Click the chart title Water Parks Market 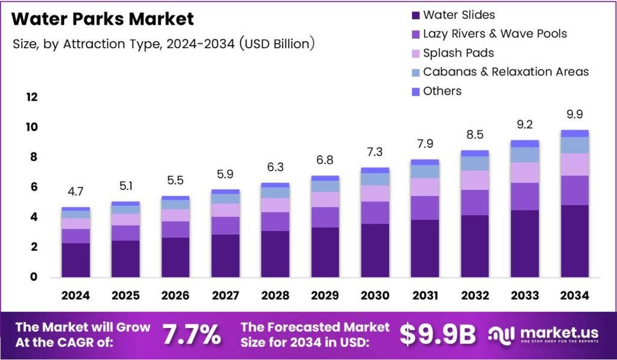pyautogui.click(x=102, y=19)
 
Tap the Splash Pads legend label pyautogui.click(x=459, y=52)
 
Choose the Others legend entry pyautogui.click(x=442, y=91)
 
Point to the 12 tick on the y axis pyautogui.click(x=31, y=97)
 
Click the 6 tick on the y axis pyautogui.click(x=34, y=187)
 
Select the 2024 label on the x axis pyautogui.click(x=75, y=295)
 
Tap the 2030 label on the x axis pyautogui.click(x=375, y=295)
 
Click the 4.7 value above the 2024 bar pyautogui.click(x=75, y=192)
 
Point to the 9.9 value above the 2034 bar pyautogui.click(x=574, y=115)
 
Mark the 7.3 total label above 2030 pyautogui.click(x=375, y=152)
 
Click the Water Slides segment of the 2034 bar pyautogui.click(x=574, y=241)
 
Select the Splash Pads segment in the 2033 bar pyautogui.click(x=524, y=172)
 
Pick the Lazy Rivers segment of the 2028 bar pyautogui.click(x=275, y=221)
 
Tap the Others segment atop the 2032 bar pyautogui.click(x=474, y=153)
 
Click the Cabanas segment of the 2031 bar pyautogui.click(x=425, y=171)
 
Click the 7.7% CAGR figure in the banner pyautogui.click(x=192, y=335)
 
